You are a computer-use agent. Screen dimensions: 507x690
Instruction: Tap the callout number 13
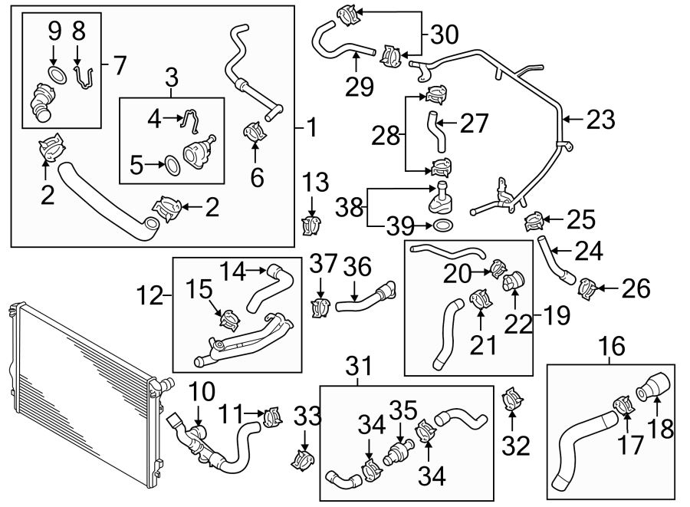tap(315, 184)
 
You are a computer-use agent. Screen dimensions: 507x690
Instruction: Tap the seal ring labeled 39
tap(442, 226)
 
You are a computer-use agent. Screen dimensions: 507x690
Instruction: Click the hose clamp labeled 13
tap(313, 224)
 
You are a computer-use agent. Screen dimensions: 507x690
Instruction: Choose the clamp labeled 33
tap(304, 462)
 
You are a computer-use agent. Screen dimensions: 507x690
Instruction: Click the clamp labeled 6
tap(255, 132)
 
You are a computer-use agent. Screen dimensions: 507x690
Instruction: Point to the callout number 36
tap(356, 267)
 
